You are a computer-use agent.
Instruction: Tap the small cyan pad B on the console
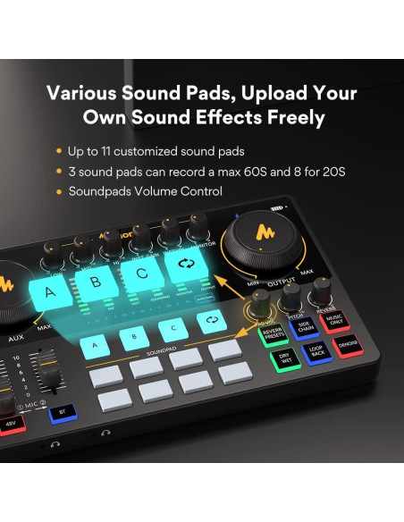[134, 337]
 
